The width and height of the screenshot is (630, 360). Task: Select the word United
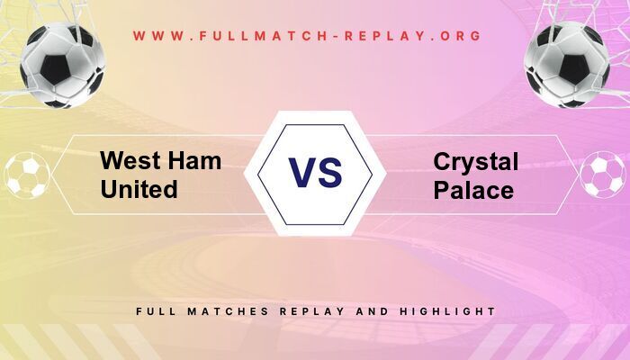tap(139, 190)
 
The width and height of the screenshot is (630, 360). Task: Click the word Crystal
tap(476, 162)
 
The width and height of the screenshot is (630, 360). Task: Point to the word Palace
tap(472, 190)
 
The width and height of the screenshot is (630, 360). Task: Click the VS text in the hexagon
tap(315, 172)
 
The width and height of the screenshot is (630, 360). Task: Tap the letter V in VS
tap(301, 172)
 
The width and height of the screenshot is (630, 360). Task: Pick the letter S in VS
tap(330, 172)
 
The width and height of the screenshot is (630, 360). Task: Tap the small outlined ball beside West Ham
tap(26, 175)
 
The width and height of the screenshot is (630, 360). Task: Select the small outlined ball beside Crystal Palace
tap(603, 175)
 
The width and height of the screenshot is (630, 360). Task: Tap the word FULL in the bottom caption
tap(156, 311)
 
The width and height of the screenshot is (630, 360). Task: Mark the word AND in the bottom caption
tap(373, 311)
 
